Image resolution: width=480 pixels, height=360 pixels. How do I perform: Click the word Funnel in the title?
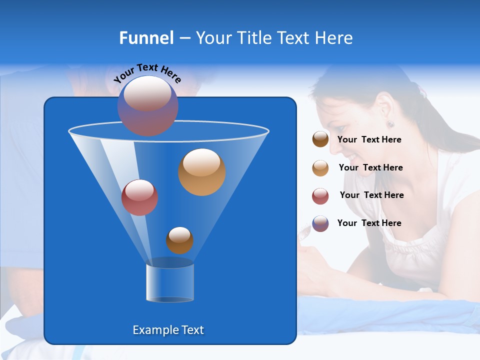[x=146, y=38]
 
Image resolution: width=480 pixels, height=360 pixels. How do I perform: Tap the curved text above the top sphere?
[x=147, y=72]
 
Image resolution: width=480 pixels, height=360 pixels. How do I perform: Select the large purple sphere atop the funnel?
[x=148, y=106]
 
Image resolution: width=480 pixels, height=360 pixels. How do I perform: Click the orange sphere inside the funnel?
[x=202, y=172]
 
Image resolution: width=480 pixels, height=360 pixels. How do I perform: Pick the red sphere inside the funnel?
[x=140, y=197]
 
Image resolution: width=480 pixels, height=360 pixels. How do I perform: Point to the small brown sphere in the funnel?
[x=179, y=240]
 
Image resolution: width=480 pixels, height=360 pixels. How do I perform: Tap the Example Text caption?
[x=168, y=330]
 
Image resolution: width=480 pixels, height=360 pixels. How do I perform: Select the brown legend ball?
[x=320, y=139]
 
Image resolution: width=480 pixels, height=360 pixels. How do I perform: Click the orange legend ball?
[x=320, y=168]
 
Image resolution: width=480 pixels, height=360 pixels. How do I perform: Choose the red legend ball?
[x=320, y=196]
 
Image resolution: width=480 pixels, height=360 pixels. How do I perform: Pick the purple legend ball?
[x=320, y=223]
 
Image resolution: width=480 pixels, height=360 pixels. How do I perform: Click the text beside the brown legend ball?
[x=369, y=140]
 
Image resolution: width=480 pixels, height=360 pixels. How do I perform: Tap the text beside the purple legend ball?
[x=369, y=223]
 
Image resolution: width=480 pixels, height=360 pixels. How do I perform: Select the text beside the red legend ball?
[x=371, y=195]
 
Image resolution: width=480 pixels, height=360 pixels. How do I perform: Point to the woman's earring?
[x=390, y=124]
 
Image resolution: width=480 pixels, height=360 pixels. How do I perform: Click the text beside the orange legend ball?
[x=370, y=167]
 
